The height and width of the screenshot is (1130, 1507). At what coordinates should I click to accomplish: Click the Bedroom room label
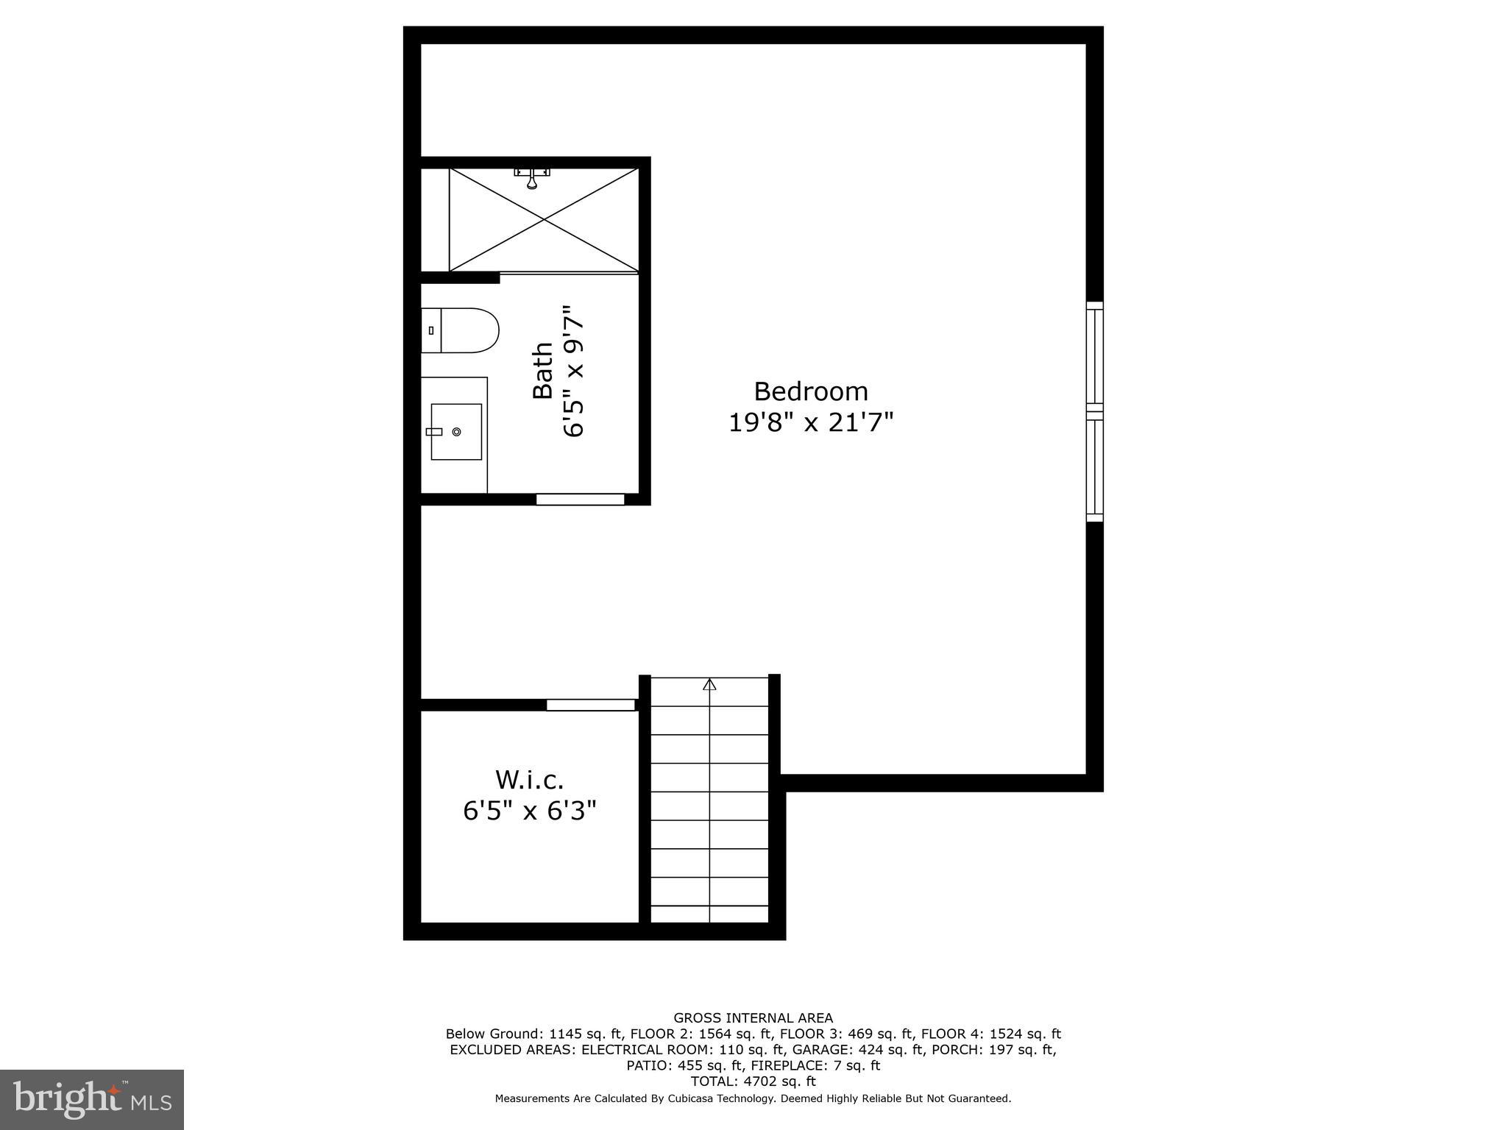pyautogui.click(x=811, y=391)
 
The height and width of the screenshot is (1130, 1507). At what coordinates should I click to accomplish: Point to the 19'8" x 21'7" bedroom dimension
pyautogui.click(x=811, y=423)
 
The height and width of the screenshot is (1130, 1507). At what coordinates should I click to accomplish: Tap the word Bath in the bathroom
pyautogui.click(x=543, y=370)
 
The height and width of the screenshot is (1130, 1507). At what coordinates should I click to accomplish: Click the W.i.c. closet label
pyautogui.click(x=529, y=779)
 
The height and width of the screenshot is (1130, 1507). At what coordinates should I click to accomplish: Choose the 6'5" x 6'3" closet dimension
pyautogui.click(x=529, y=811)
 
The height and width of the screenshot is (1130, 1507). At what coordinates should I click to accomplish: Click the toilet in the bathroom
pyautogui.click(x=460, y=330)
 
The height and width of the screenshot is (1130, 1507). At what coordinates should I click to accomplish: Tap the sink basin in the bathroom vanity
pyautogui.click(x=456, y=432)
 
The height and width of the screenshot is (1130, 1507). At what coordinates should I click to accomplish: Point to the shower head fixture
pyautogui.click(x=532, y=177)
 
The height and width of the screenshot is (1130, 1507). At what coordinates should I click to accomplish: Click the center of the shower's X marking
pyautogui.click(x=544, y=219)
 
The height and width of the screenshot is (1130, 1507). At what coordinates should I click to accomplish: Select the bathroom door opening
pyautogui.click(x=580, y=500)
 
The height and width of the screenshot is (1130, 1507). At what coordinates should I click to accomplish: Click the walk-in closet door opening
pyautogui.click(x=590, y=705)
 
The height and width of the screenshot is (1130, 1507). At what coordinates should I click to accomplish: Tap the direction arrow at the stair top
pyautogui.click(x=709, y=685)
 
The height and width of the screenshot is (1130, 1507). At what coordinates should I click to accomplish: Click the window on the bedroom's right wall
pyautogui.click(x=1095, y=412)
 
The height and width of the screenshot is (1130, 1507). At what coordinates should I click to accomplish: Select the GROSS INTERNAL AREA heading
pyautogui.click(x=753, y=1018)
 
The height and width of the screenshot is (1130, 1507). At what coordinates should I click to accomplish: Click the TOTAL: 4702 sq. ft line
pyautogui.click(x=753, y=1081)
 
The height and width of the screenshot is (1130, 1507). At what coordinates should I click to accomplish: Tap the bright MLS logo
pyautogui.click(x=92, y=1099)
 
